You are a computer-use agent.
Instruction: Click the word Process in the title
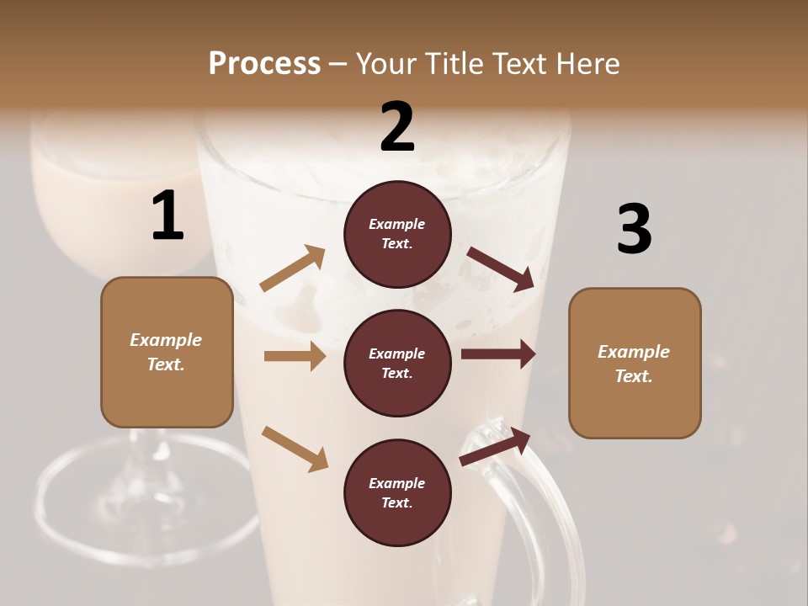(264, 63)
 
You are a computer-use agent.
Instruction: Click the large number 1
(167, 215)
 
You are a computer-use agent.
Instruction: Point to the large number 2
(397, 127)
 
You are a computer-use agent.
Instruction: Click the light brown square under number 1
(167, 352)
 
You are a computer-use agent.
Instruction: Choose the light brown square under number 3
(635, 363)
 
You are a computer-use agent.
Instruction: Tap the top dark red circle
(397, 234)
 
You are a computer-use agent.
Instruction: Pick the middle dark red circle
(397, 363)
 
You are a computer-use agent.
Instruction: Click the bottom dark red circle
(397, 492)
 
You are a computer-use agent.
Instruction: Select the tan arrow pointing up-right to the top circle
(293, 268)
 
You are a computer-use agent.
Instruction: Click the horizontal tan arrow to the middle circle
(295, 356)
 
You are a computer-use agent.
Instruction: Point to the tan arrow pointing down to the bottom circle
(295, 449)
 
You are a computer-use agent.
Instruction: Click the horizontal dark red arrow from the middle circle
(498, 354)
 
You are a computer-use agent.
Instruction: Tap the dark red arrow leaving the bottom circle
(495, 446)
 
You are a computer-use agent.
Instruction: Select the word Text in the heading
(513, 63)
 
